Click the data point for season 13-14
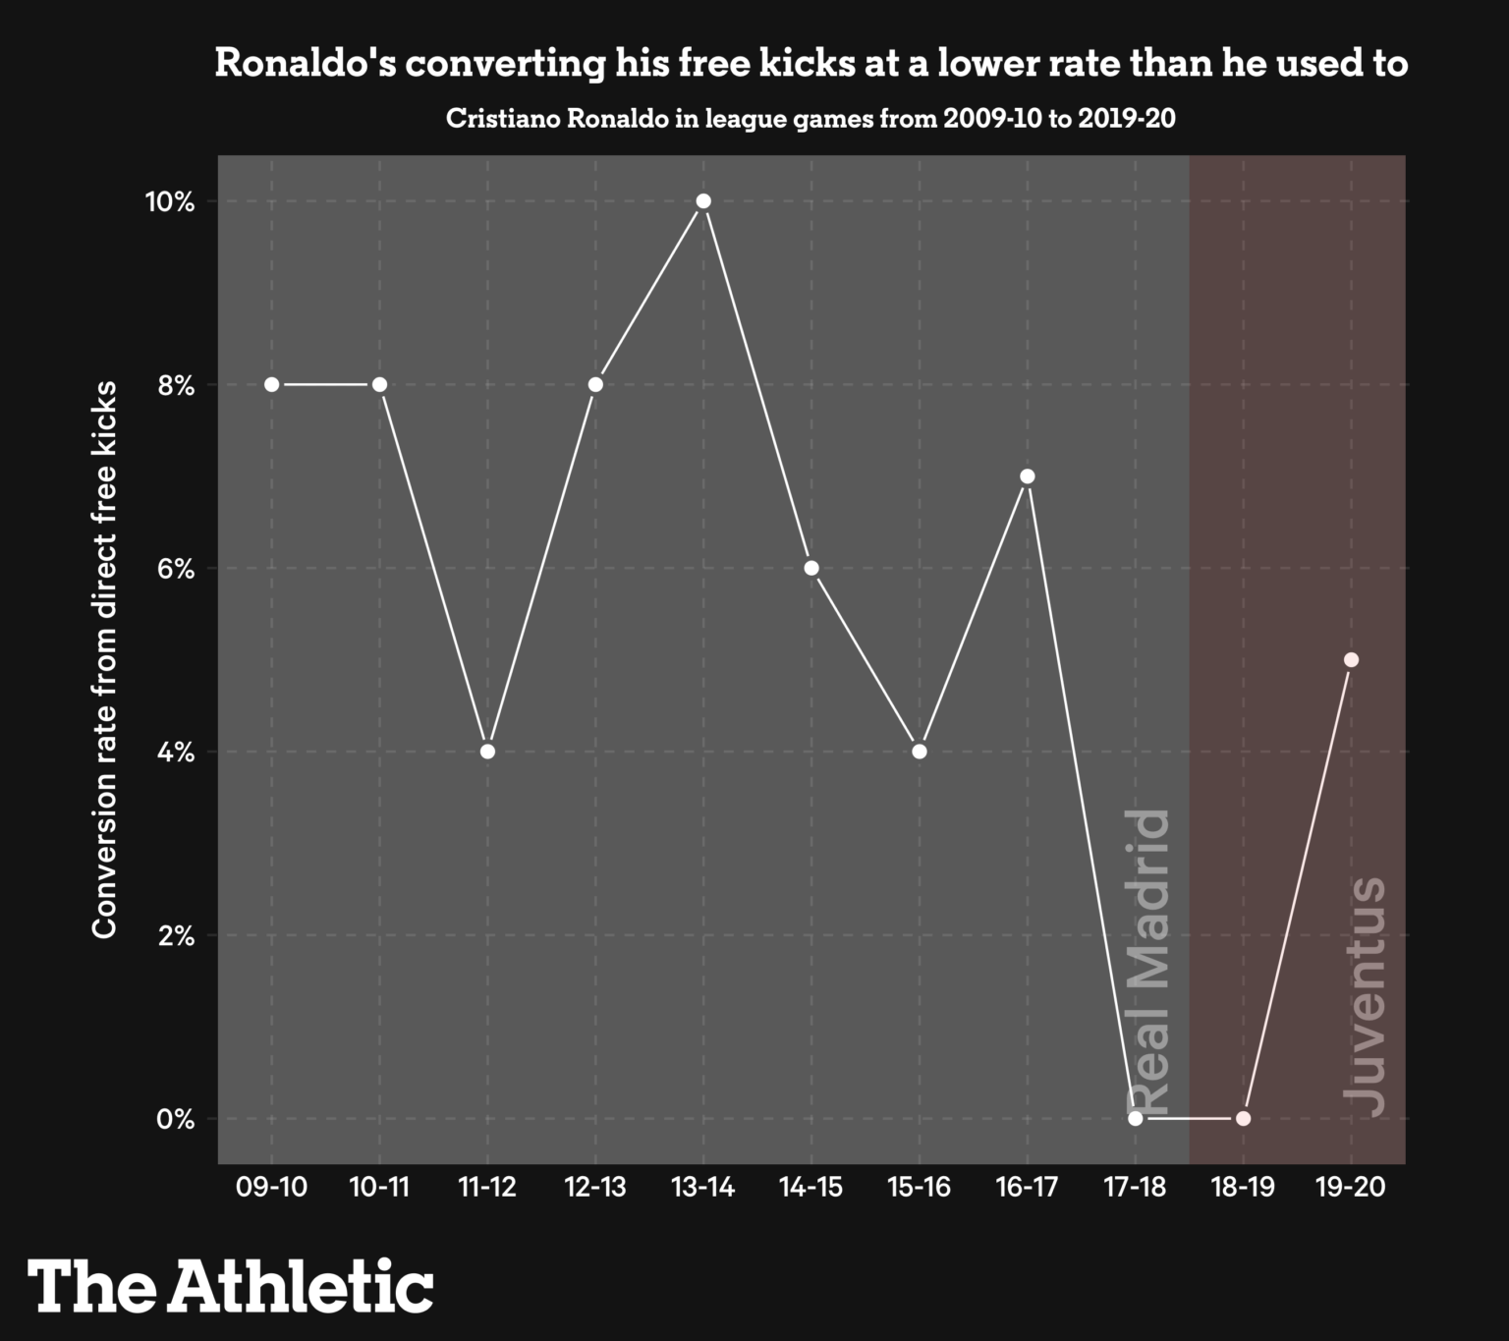(703, 201)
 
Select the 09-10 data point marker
(272, 384)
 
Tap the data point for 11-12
(487, 752)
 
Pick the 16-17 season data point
(1028, 476)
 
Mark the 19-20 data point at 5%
(1351, 660)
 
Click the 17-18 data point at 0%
(1136, 1118)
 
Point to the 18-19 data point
(1243, 1118)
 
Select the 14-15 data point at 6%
(811, 568)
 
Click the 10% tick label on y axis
(170, 202)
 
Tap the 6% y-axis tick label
(177, 569)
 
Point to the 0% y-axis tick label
(177, 1119)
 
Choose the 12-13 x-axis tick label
(595, 1188)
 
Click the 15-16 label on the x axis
(920, 1188)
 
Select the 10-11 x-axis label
(379, 1188)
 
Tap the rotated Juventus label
(1365, 996)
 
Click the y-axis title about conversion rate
(105, 659)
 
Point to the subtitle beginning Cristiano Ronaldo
(810, 119)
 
